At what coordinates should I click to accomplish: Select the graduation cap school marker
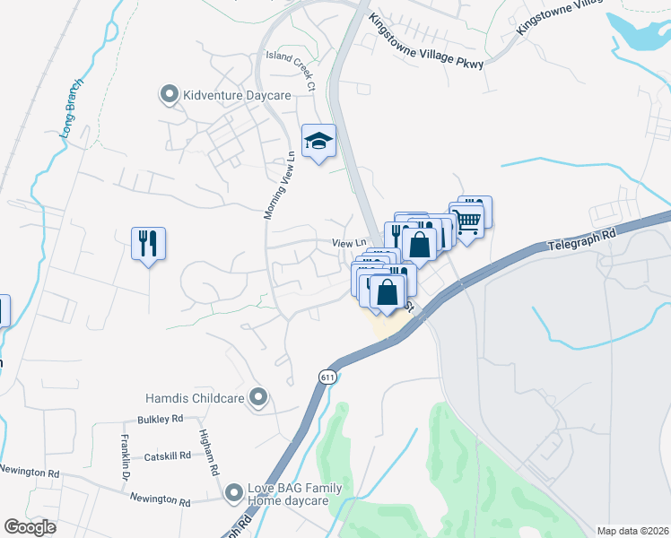[318, 141]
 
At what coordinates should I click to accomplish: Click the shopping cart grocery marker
[466, 218]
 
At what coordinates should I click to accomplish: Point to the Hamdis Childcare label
[196, 396]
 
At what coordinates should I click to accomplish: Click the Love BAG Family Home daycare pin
[234, 492]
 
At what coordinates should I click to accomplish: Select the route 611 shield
[326, 377]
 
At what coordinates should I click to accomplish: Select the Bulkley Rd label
[160, 419]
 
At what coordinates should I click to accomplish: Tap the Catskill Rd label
[168, 456]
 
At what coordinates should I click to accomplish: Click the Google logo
[30, 526]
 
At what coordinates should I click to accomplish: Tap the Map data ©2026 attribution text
[633, 531]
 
